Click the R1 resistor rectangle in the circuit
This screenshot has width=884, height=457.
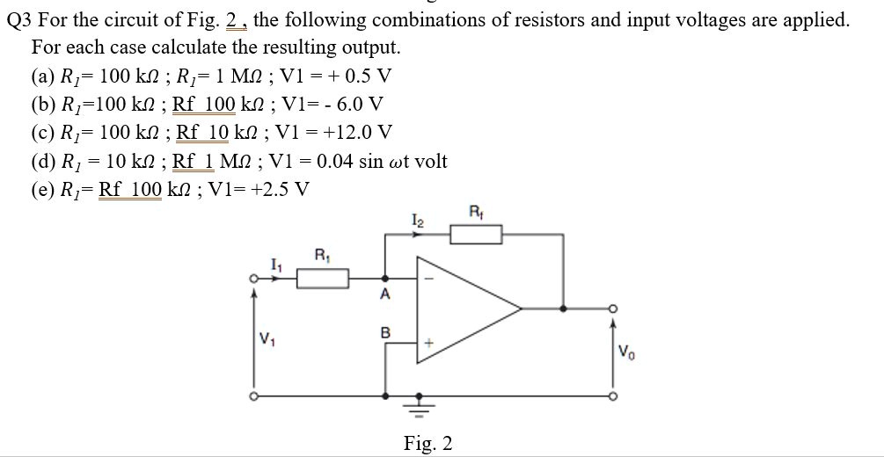[x=322, y=279]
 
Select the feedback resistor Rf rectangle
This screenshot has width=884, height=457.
[x=476, y=235]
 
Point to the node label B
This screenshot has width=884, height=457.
[x=384, y=333]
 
